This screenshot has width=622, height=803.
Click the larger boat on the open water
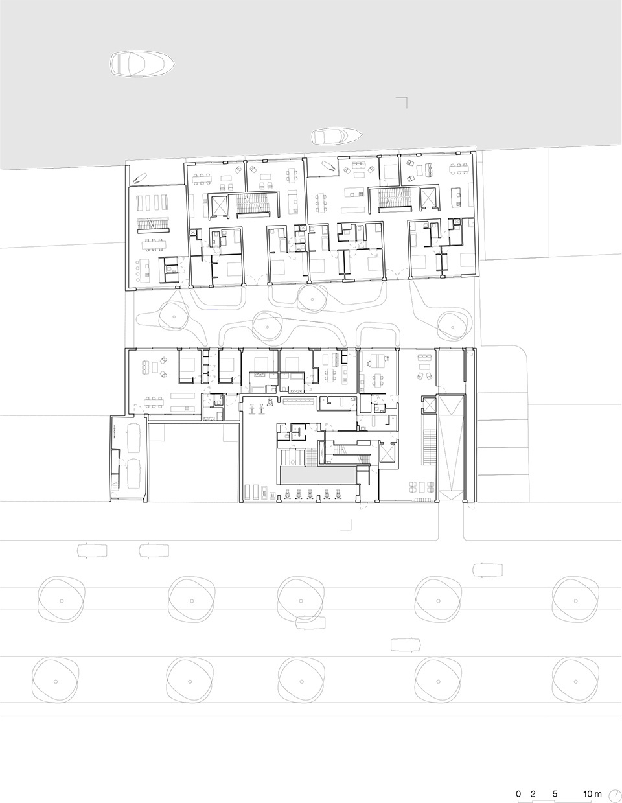142,64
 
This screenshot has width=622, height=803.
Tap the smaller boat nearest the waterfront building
336,136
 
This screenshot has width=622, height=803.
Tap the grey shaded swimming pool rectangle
317,475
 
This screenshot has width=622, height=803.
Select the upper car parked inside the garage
133,438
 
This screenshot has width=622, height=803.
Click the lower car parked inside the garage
133,474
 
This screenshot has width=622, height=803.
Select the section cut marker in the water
402,102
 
